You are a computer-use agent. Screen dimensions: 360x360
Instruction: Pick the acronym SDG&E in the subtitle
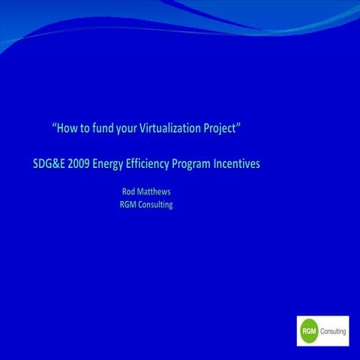(x=43, y=163)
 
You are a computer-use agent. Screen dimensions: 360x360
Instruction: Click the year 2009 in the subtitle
(x=78, y=163)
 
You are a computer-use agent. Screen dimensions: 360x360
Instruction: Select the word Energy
(x=112, y=163)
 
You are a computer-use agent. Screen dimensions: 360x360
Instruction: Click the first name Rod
(x=129, y=192)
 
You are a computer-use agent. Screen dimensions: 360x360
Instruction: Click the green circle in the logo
(x=308, y=331)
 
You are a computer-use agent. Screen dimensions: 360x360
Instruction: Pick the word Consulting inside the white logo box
(x=333, y=331)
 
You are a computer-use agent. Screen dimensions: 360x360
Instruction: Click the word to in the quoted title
(x=86, y=128)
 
